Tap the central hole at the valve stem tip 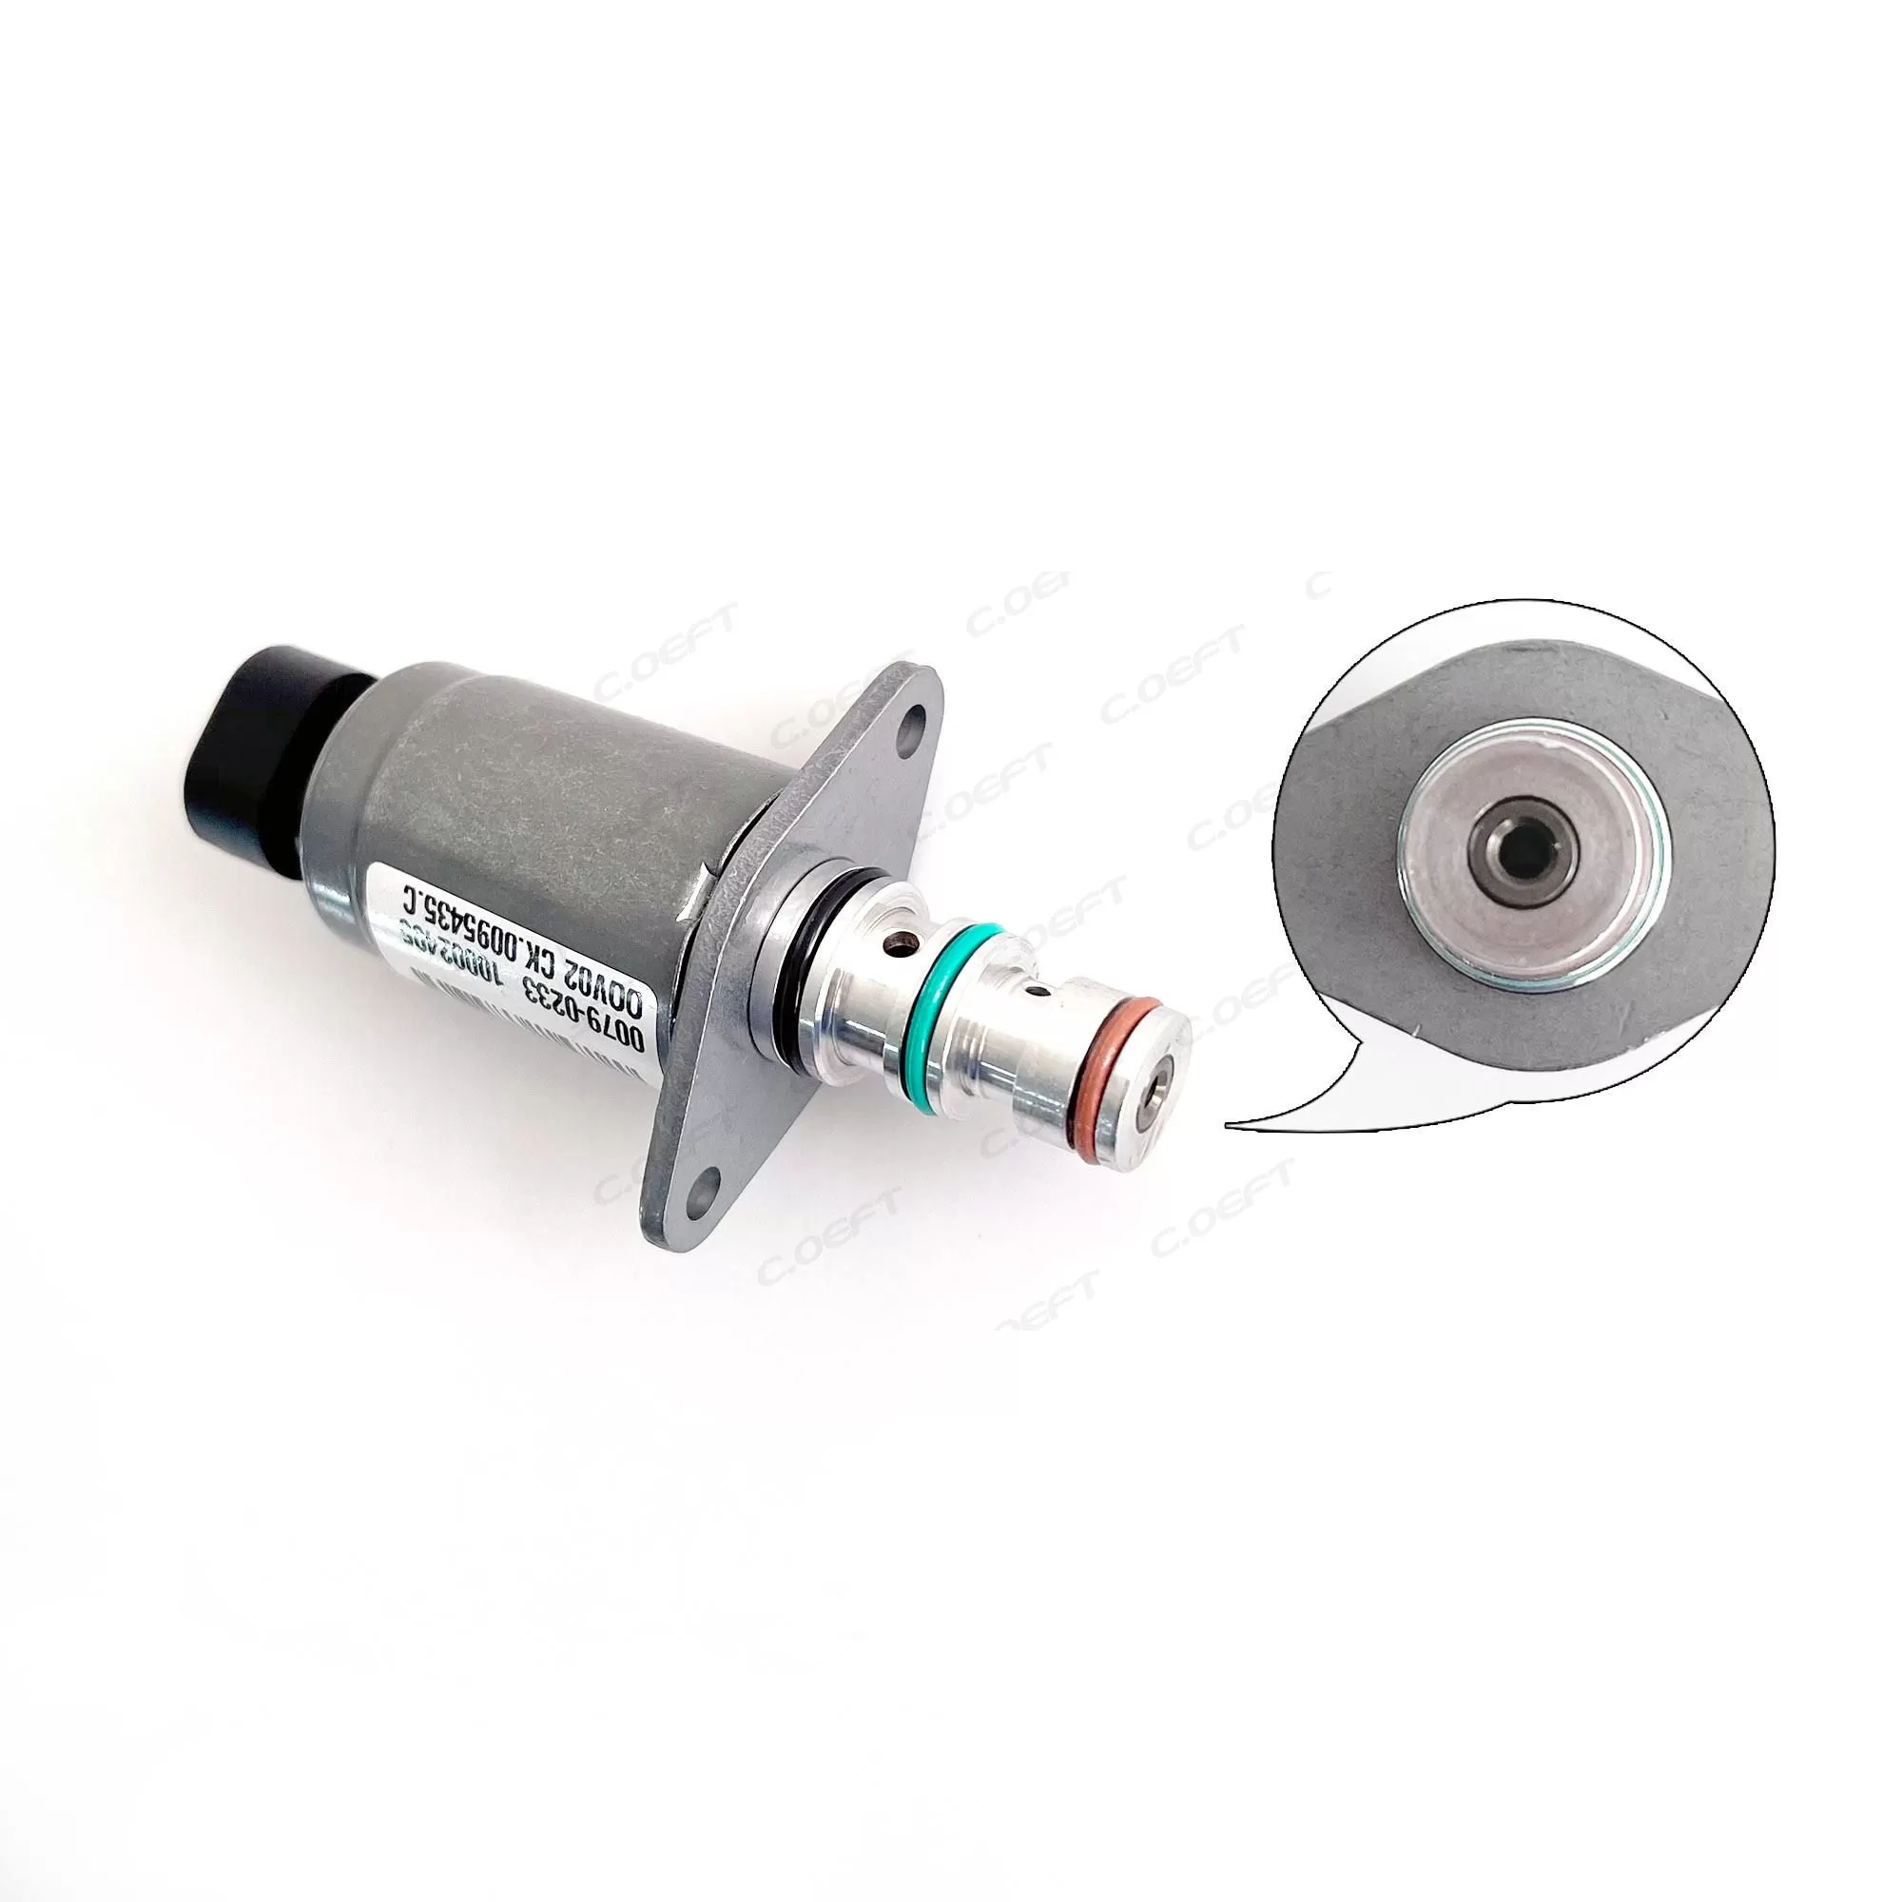(x=1163, y=1074)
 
